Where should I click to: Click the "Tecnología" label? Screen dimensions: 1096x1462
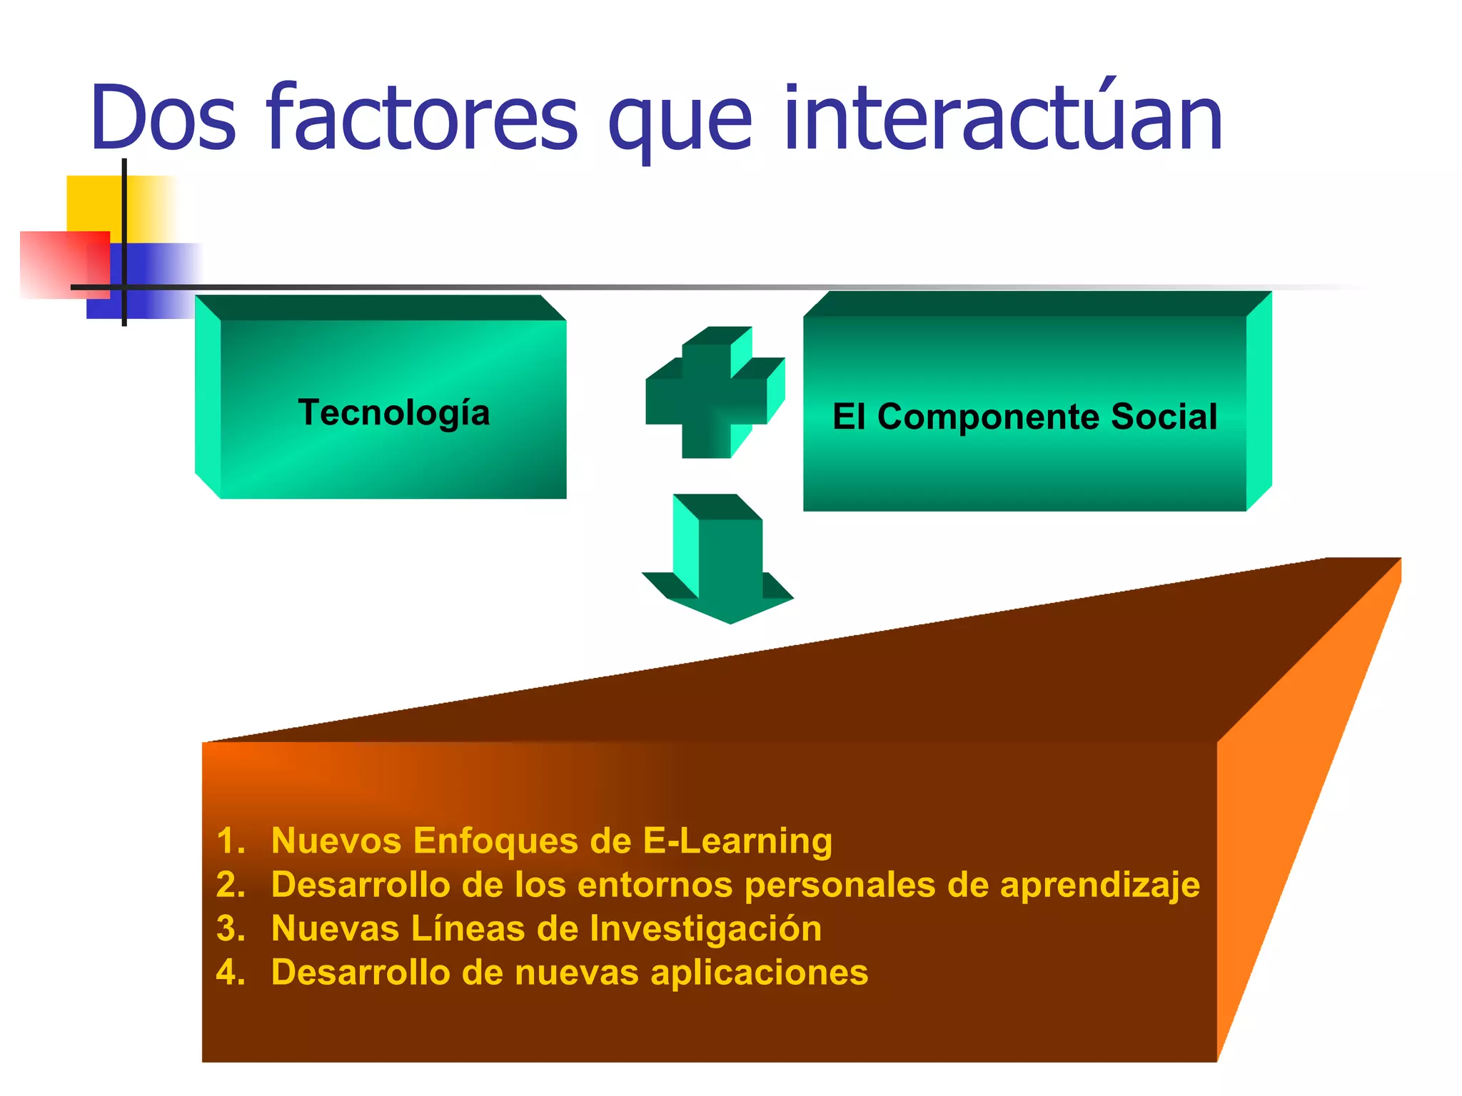coord(394,412)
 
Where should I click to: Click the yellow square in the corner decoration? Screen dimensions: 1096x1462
coord(93,203)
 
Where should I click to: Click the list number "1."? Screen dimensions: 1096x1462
coord(231,841)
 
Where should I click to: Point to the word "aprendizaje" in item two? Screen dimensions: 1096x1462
coord(1099,886)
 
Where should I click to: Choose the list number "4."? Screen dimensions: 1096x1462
coord(231,973)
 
